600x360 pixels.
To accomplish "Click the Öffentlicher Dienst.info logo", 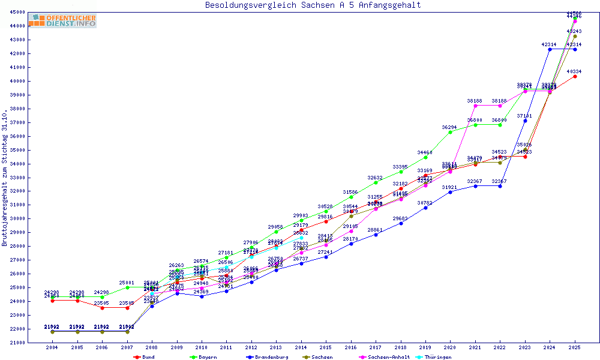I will pyautogui.click(x=62, y=21).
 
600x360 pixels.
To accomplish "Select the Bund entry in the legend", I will pyautogui.click(x=145, y=357).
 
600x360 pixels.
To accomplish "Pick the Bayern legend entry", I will pyautogui.click(x=203, y=357).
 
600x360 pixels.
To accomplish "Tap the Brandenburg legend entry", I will pyautogui.click(x=268, y=357).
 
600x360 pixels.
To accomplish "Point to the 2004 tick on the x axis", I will pyautogui.click(x=52, y=347).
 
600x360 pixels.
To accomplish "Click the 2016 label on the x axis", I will pyautogui.click(x=351, y=347).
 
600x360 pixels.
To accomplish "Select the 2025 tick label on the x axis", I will pyautogui.click(x=575, y=347).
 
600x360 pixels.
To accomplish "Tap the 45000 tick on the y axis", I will pyautogui.click(x=17, y=12).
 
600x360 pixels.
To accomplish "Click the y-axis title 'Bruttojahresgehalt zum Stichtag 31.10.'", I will pyautogui.click(x=5, y=179).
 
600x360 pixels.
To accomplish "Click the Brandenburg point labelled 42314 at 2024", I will pyautogui.click(x=550, y=49).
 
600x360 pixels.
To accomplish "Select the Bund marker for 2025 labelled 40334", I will pyautogui.click(x=575, y=76).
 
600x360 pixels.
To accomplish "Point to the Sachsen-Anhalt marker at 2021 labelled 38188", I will pyautogui.click(x=475, y=106).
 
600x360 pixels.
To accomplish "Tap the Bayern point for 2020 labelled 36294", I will pyautogui.click(x=450, y=132).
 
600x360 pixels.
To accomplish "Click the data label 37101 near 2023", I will pyautogui.click(x=524, y=115).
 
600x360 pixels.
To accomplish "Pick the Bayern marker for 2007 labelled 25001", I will pyautogui.click(x=127, y=287).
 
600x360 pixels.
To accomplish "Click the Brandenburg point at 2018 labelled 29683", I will pyautogui.click(x=401, y=223).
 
